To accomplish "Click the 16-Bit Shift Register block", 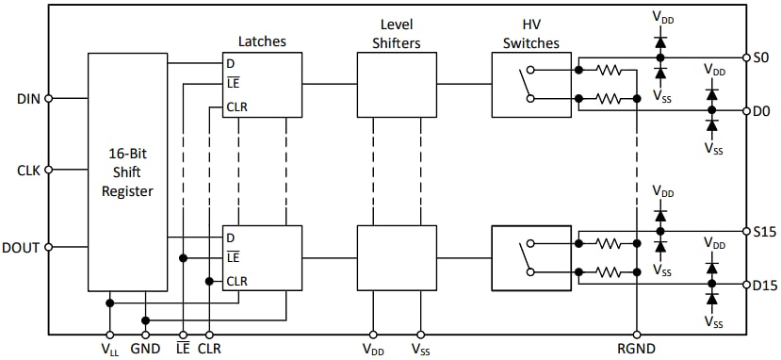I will [x=130, y=171].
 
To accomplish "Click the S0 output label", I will [x=761, y=57].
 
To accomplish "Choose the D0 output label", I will [x=762, y=110].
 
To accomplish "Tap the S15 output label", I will [x=764, y=231].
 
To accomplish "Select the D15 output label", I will [x=765, y=284].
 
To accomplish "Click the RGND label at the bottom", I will [x=637, y=349].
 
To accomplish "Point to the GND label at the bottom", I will [x=145, y=349].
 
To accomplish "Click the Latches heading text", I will [x=261, y=41].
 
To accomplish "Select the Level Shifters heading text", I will [x=397, y=33].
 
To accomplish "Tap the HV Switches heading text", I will [x=531, y=33].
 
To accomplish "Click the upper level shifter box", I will [x=397, y=85].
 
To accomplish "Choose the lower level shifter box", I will [x=397, y=258].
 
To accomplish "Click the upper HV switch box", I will [x=531, y=85].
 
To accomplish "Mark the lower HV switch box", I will [x=531, y=258].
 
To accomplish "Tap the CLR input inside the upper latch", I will [x=236, y=106].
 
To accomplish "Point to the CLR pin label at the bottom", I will [x=208, y=349].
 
